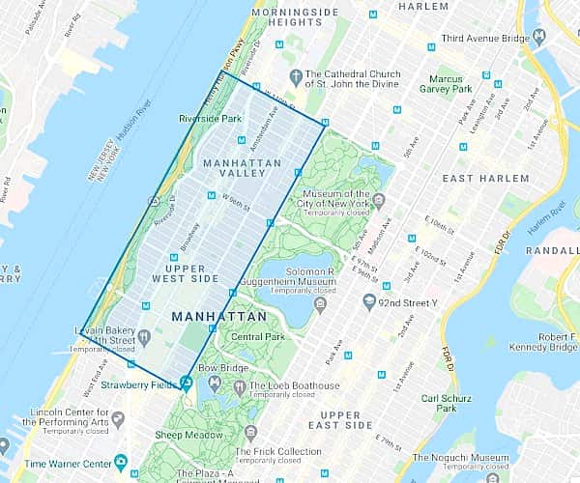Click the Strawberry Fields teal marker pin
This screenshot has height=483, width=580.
[186, 383]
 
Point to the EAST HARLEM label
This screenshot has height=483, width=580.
[485, 179]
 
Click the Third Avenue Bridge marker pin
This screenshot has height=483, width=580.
[539, 37]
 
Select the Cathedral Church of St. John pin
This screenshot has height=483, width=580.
[296, 76]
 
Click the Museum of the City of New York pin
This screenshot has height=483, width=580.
[379, 201]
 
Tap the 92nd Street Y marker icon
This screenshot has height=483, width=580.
[368, 302]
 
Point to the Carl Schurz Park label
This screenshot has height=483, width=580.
[437, 401]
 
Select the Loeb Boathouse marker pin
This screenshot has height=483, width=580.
[239, 386]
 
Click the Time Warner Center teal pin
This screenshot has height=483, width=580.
[120, 463]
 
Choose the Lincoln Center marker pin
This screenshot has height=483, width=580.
[118, 419]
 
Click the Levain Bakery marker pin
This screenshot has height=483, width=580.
[143, 336]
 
